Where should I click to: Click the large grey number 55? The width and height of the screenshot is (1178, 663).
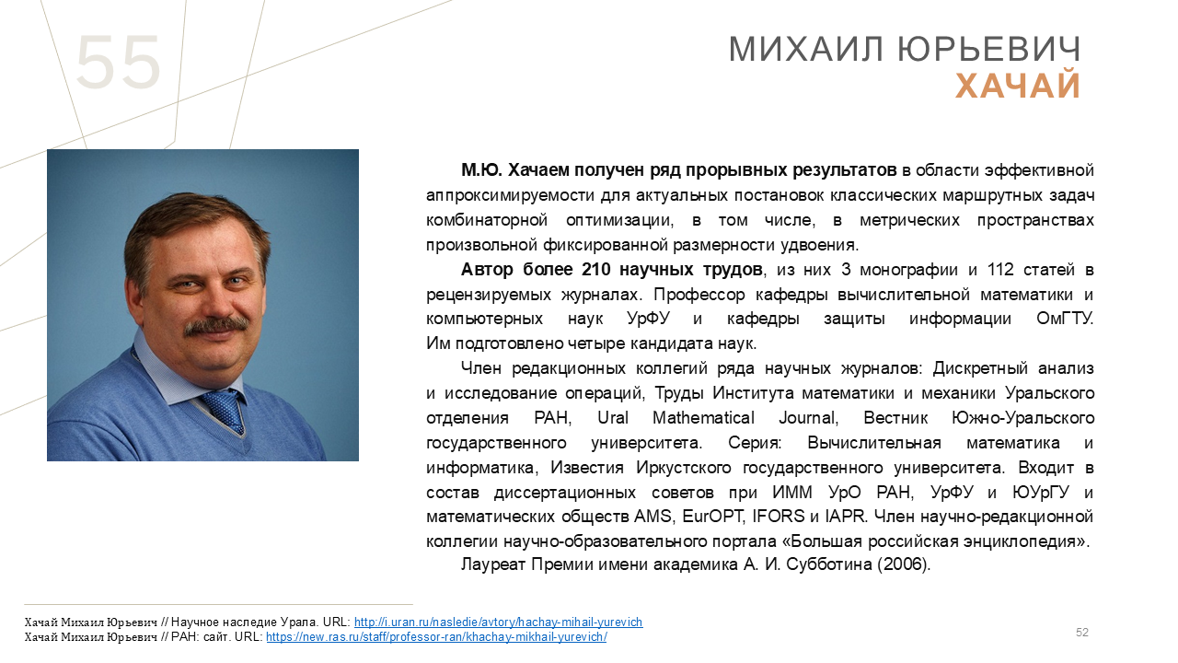pyautogui.click(x=119, y=62)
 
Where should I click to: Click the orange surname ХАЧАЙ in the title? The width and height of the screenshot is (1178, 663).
pyautogui.click(x=1018, y=86)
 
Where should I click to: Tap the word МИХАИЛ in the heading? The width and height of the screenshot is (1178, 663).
pyautogui.click(x=805, y=50)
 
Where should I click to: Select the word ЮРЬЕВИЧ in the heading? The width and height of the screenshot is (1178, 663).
pyautogui.click(x=988, y=50)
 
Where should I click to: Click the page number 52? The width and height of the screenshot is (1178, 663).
pyautogui.click(x=1082, y=632)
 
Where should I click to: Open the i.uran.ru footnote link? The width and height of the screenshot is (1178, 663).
pyautogui.click(x=498, y=622)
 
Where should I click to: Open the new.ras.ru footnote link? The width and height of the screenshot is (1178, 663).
pyautogui.click(x=436, y=636)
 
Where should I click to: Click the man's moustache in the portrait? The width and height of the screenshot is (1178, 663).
pyautogui.click(x=216, y=326)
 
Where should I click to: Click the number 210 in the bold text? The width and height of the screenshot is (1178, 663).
pyautogui.click(x=595, y=270)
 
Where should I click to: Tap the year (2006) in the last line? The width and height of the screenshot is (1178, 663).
pyautogui.click(x=904, y=564)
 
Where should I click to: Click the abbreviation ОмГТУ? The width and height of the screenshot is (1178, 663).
pyautogui.click(x=1065, y=319)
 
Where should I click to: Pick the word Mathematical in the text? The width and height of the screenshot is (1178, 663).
pyautogui.click(x=704, y=418)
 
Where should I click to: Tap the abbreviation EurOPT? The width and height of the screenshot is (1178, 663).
pyautogui.click(x=713, y=517)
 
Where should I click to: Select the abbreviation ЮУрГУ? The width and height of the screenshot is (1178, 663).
pyautogui.click(x=1041, y=492)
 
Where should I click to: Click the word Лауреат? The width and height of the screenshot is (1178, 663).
pyautogui.click(x=493, y=564)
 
